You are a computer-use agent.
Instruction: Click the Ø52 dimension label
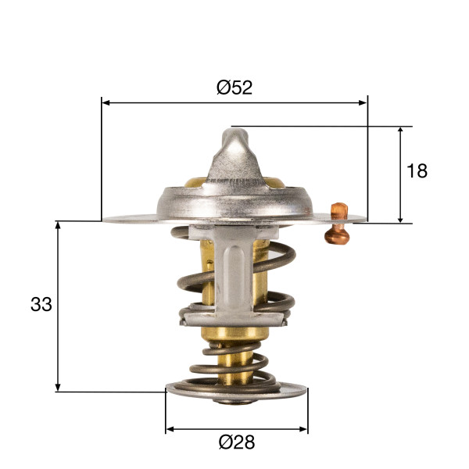click(x=234, y=88)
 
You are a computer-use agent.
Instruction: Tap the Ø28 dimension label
click(x=237, y=442)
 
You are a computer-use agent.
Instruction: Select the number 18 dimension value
click(x=417, y=171)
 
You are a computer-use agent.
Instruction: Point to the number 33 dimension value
click(x=41, y=304)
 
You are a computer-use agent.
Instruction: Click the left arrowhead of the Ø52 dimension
click(x=106, y=103)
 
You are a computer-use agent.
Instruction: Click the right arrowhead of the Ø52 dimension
click(x=363, y=103)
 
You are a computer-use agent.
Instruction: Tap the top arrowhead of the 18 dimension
click(x=400, y=131)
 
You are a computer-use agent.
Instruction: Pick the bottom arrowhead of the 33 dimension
click(x=58, y=387)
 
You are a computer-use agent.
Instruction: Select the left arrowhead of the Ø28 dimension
click(x=170, y=429)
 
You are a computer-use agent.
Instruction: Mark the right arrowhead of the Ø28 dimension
click(x=303, y=429)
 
